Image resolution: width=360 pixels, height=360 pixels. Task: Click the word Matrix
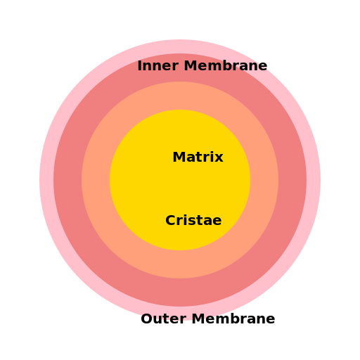click(198, 157)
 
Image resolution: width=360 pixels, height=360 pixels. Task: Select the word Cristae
click(193, 221)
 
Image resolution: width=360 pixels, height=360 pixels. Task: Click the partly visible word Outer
click(163, 319)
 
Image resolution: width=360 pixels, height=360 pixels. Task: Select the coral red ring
click(67, 180)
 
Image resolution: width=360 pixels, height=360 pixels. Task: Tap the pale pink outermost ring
click(46, 180)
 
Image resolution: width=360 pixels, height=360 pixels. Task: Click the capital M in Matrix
click(179, 157)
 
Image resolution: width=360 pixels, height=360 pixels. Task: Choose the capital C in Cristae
click(171, 221)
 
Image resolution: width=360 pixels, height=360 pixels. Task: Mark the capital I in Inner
click(139, 66)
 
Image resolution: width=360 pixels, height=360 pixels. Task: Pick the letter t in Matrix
click(200, 158)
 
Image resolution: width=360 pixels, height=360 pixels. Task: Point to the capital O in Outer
click(147, 319)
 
